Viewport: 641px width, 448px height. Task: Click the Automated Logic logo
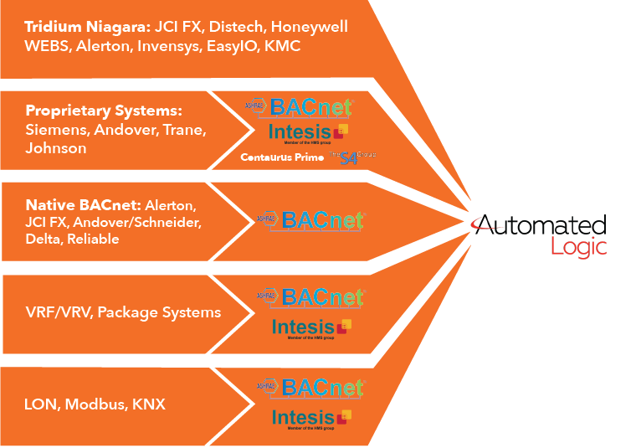(541, 234)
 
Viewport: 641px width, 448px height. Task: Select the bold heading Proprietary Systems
(104, 111)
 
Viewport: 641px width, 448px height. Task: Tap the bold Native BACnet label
(83, 204)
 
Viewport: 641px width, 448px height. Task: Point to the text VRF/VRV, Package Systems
(123, 312)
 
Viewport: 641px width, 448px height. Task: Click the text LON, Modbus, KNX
(95, 404)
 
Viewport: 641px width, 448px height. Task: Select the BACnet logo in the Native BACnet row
(310, 219)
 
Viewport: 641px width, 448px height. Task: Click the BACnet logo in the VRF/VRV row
(310, 297)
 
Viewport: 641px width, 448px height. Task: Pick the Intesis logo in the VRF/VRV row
(310, 327)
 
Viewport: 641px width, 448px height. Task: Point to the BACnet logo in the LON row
(310, 388)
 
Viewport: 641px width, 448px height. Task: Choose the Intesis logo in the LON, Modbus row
(310, 417)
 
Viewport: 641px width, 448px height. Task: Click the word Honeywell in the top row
(309, 27)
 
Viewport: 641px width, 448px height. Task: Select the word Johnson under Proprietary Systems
(56, 148)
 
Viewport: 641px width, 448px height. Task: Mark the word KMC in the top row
(282, 46)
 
